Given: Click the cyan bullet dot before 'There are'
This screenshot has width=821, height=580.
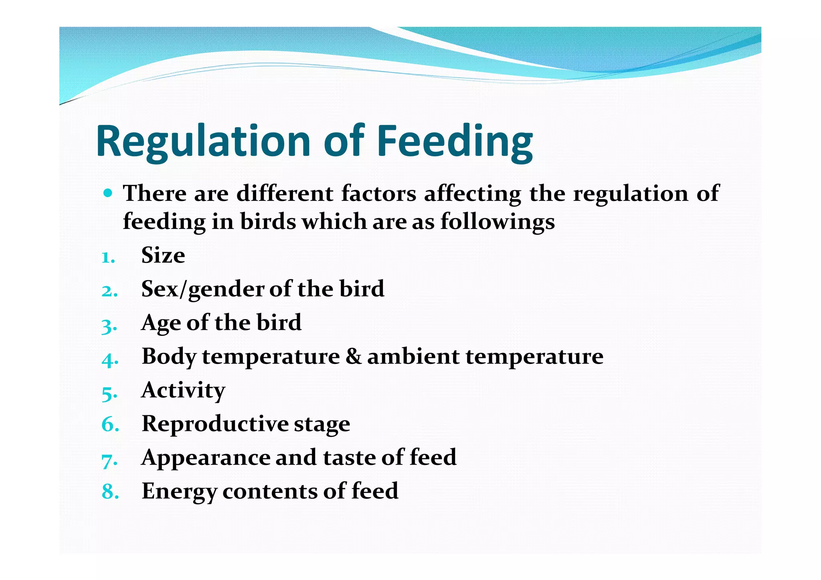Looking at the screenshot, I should [107, 193].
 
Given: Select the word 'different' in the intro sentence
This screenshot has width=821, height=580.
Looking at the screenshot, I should [285, 194].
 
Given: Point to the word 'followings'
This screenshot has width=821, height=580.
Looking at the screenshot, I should [497, 222].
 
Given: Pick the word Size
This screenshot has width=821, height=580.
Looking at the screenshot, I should [163, 255].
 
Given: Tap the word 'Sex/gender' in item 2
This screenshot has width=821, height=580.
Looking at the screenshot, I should [203, 289].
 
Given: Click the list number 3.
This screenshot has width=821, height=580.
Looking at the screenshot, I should [109, 325].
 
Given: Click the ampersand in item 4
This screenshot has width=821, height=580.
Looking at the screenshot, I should [353, 356].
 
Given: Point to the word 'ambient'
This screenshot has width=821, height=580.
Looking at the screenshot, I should [413, 356].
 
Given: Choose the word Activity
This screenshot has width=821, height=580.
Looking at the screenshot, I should [183, 390].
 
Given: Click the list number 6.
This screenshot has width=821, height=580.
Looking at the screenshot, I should [110, 424].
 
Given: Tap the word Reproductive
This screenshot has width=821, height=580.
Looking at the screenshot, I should [215, 424].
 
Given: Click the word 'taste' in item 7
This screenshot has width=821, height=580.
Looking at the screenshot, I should [349, 458].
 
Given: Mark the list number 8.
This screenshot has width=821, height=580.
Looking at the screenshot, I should [110, 492].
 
